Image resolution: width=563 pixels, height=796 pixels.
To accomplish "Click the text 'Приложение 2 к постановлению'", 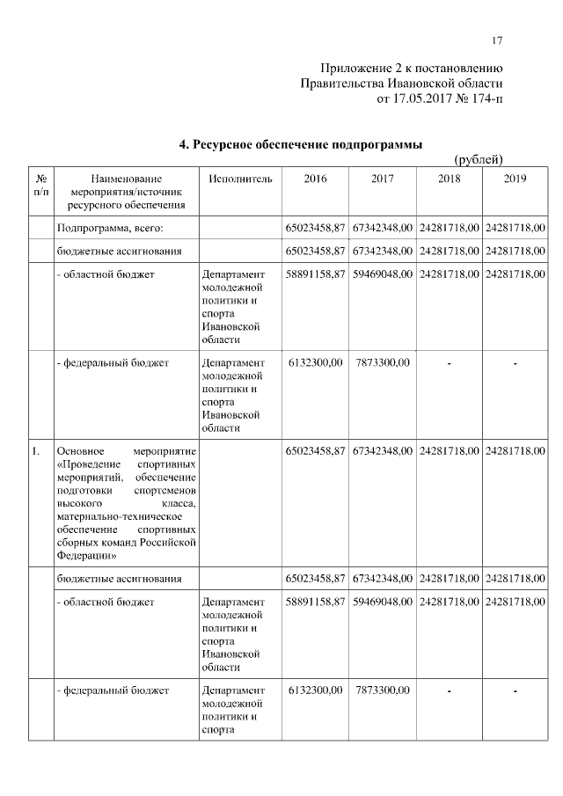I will (x=411, y=68).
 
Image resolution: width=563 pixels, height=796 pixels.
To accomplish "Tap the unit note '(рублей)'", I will (x=478, y=159).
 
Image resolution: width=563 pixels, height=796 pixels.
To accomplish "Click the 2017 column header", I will (x=382, y=179).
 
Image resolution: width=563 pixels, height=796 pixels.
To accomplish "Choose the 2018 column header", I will (x=449, y=179).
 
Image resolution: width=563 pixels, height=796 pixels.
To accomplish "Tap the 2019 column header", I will (x=515, y=179).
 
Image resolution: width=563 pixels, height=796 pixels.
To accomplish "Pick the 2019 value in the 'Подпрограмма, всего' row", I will (x=515, y=229).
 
